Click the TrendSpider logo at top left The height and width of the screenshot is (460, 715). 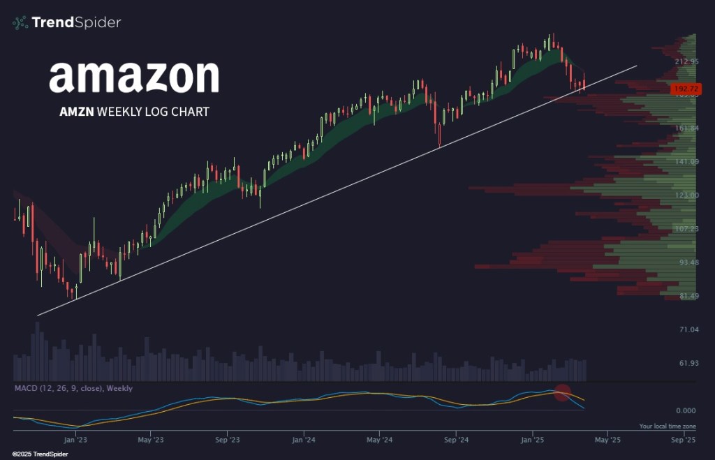point(67,23)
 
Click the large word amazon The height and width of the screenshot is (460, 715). point(134,77)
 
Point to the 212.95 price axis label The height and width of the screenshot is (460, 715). point(686,61)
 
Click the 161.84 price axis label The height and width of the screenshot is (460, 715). point(686,128)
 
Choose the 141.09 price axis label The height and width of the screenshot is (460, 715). point(686,162)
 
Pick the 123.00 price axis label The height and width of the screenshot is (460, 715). point(686,195)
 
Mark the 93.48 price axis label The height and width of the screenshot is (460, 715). point(686,262)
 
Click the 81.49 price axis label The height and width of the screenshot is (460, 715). point(686,296)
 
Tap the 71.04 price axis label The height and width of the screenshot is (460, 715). point(686,329)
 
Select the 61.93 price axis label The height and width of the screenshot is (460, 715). point(686,363)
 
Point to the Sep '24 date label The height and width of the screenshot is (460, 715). point(455,440)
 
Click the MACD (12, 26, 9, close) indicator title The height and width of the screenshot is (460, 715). point(73,388)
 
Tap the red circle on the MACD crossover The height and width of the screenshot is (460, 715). point(563,393)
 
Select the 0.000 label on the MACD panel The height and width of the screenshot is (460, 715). point(685,410)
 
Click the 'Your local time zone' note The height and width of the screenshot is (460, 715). point(667,426)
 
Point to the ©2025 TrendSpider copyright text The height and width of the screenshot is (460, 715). point(35,454)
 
